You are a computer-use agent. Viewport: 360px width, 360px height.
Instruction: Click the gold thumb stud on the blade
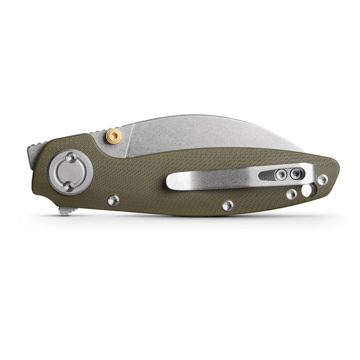pyautogui.click(x=115, y=136)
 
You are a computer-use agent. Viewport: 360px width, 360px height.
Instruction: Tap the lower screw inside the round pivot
pyautogui.click(x=67, y=187)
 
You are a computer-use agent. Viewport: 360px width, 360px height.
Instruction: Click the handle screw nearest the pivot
pyautogui.click(x=113, y=200)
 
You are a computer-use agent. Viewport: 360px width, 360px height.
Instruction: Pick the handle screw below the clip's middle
pyautogui.click(x=227, y=205)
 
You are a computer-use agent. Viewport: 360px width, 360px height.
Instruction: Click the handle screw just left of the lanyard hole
pyautogui.click(x=291, y=194)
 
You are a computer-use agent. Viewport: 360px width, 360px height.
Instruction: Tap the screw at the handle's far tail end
pyautogui.click(x=323, y=179)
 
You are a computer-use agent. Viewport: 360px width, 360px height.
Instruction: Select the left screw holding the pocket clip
pyautogui.click(x=281, y=174)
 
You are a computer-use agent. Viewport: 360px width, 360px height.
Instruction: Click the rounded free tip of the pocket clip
pyautogui.click(x=171, y=183)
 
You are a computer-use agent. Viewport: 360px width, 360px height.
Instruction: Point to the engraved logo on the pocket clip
pyautogui.click(x=237, y=179)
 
